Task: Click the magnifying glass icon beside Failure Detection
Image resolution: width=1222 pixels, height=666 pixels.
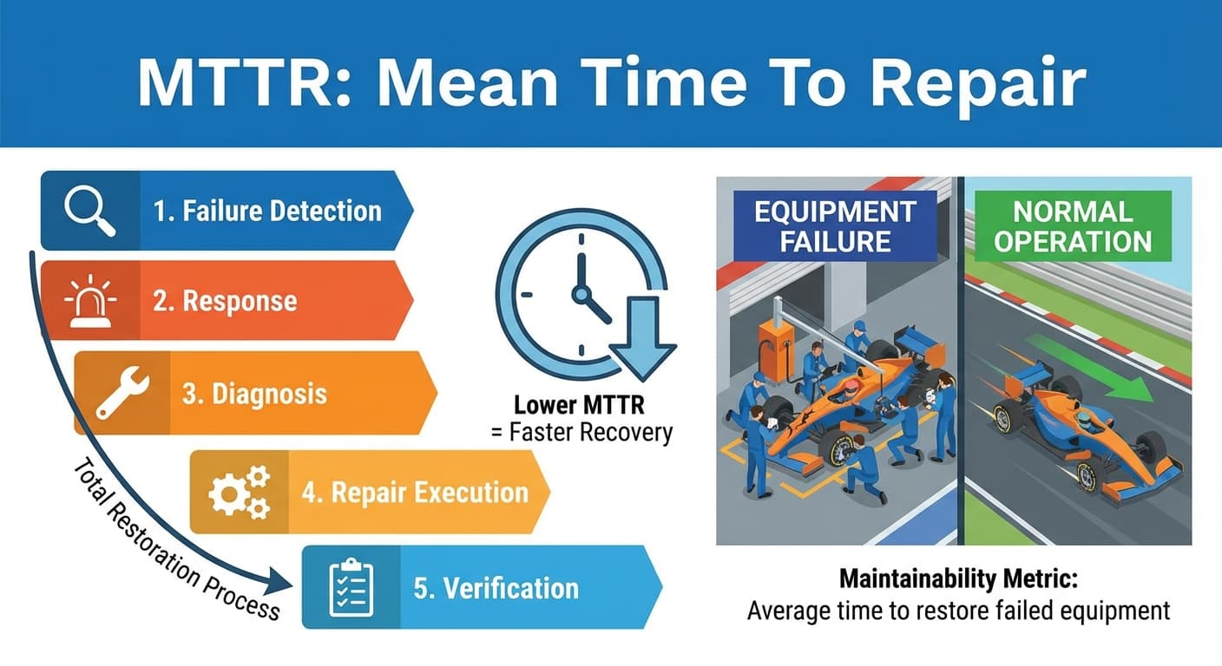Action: point(90,211)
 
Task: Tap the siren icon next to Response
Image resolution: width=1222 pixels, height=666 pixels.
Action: point(90,301)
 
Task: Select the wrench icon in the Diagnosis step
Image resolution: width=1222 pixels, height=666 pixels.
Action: point(122,393)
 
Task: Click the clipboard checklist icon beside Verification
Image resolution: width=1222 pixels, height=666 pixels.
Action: point(351,587)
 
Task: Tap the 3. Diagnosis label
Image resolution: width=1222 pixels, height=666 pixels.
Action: point(255,394)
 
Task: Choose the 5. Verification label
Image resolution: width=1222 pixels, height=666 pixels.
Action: point(496,588)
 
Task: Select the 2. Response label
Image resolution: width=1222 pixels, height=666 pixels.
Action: point(225,301)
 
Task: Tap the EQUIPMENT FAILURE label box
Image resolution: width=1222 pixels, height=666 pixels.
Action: point(835,225)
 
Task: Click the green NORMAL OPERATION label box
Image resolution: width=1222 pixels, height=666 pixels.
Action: point(1072,225)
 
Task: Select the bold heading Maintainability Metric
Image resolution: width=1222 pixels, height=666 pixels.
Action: point(957,578)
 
